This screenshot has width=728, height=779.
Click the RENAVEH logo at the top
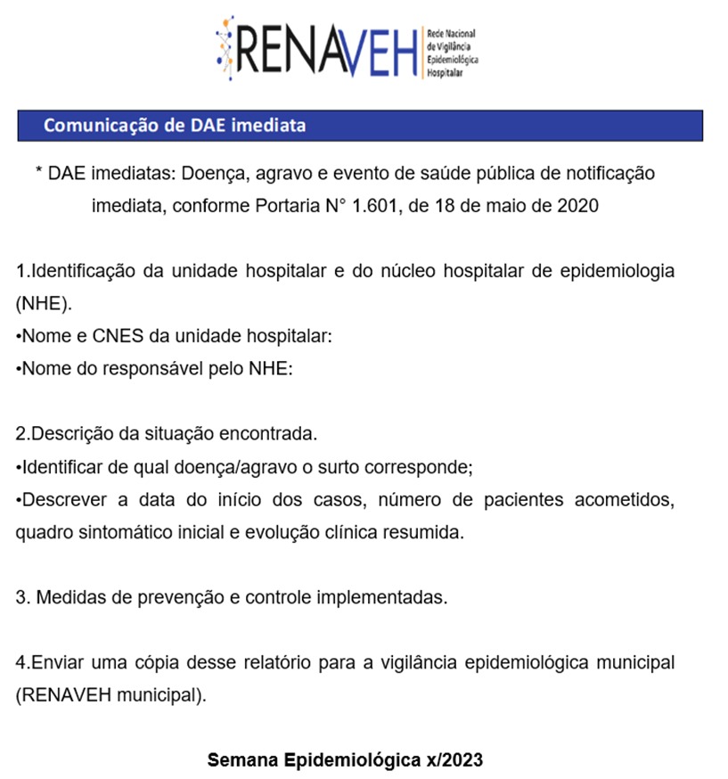[348, 46]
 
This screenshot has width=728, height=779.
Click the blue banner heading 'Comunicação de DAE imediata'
[175, 125]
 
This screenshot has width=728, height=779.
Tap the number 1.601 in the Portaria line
[374, 206]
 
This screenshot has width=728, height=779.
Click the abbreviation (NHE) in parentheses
[42, 304]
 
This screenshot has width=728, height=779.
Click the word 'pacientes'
[522, 499]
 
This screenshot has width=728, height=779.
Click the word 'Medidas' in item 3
[67, 597]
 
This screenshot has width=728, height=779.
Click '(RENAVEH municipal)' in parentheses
[110, 694]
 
